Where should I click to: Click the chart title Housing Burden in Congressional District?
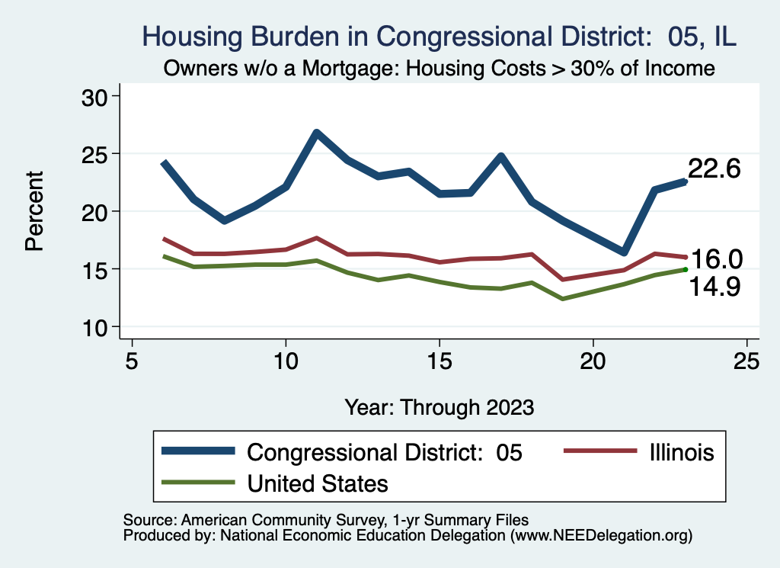pos(440,37)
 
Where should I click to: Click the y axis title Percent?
pos(34,211)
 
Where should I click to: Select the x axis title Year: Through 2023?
pos(439,406)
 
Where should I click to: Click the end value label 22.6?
pos(714,169)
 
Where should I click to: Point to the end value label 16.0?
pos(716,259)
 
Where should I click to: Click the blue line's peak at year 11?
pos(316,133)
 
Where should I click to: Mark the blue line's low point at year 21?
pos(623,252)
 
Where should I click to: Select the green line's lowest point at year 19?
pos(562,299)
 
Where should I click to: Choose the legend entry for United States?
pos(317,483)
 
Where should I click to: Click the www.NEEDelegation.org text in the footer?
pos(601,535)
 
